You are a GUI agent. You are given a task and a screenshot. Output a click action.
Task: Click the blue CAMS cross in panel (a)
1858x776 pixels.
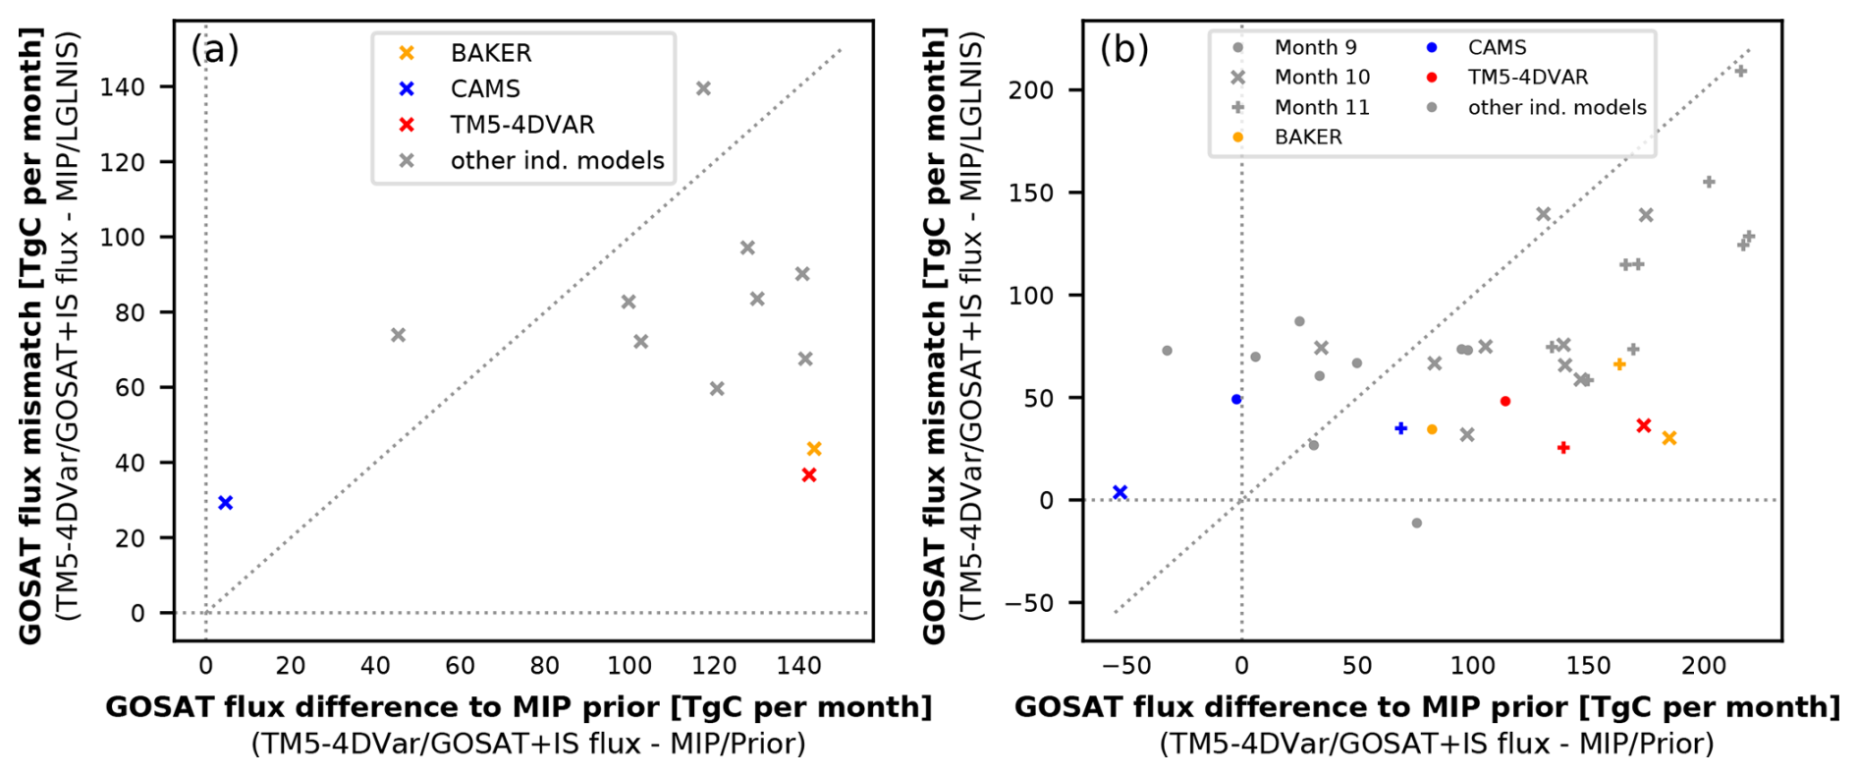pos(225,503)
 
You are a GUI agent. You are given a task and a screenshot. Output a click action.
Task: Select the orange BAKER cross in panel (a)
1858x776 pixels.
pos(814,449)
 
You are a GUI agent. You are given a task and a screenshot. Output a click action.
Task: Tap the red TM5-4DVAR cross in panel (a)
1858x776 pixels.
pos(809,475)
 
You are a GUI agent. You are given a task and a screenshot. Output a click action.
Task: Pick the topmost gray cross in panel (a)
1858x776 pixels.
pos(703,88)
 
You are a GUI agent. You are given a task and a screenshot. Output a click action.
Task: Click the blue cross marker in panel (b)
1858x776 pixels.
pos(1120,492)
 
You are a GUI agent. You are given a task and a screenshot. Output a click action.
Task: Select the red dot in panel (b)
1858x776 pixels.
pos(1505,401)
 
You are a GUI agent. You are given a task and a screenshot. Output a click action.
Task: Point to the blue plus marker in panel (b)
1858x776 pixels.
pos(1401,428)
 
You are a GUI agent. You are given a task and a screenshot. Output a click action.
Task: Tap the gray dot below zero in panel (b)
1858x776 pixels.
pos(1416,524)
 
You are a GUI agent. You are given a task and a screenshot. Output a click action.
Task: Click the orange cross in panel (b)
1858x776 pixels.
pos(1669,438)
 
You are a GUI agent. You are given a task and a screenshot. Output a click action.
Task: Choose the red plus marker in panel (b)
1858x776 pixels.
pos(1563,448)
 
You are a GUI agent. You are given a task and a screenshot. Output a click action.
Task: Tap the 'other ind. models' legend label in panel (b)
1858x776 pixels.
pos(1557,108)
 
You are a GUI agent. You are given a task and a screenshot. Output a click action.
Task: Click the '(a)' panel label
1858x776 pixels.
pos(214,49)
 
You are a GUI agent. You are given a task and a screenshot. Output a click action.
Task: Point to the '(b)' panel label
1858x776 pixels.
pos(1123,49)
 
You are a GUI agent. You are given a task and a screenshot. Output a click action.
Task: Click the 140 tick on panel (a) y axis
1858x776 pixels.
pos(122,87)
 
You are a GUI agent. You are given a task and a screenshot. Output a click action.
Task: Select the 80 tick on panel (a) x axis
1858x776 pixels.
pos(544,666)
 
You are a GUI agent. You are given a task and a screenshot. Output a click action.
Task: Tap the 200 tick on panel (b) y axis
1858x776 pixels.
pos(1031,90)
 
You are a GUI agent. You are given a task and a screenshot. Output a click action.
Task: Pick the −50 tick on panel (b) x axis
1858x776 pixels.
pos(1125,666)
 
